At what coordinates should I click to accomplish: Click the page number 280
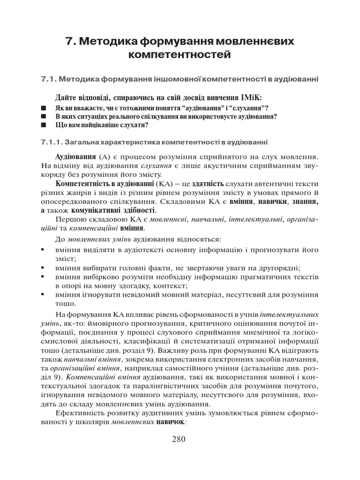[179, 439]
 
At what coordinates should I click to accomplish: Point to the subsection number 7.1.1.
[52, 142]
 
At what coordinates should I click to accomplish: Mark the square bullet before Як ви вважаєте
[44, 108]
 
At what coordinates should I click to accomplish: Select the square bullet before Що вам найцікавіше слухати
[44, 125]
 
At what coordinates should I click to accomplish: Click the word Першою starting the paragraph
[70, 219]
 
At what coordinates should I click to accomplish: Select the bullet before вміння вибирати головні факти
[43, 268]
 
